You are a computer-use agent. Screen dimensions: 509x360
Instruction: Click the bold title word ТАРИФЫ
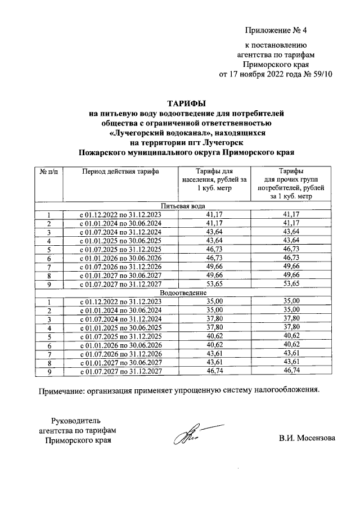(x=186, y=103)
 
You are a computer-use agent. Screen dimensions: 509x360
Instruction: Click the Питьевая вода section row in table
(x=186, y=206)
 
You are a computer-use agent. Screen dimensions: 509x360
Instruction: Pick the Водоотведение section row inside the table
(x=186, y=293)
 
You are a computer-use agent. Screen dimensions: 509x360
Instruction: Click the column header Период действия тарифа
(x=120, y=170)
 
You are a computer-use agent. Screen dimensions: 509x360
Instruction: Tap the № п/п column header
(x=49, y=170)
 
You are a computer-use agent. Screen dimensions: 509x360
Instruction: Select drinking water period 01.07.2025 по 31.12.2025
(x=119, y=250)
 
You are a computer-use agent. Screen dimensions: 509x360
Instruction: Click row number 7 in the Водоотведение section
(x=49, y=354)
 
